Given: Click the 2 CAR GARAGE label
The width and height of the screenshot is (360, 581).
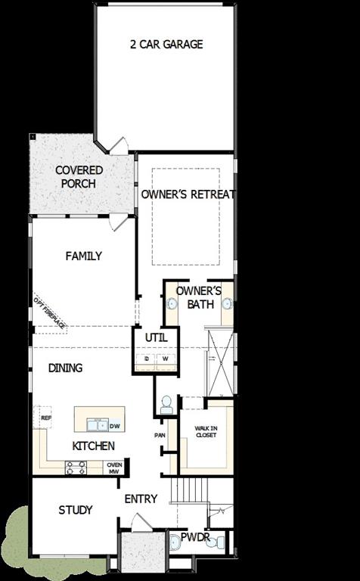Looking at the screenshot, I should (166, 45).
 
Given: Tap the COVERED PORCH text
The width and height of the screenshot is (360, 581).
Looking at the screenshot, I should (79, 176).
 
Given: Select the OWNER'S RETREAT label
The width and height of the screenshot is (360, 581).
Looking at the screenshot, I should (188, 194).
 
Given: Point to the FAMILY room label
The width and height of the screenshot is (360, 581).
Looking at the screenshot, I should (83, 256).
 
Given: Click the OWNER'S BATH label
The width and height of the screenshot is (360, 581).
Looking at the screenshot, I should (198, 297).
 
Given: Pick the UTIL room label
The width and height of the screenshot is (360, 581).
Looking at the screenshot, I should (156, 337).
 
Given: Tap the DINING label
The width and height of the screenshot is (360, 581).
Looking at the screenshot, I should (66, 368).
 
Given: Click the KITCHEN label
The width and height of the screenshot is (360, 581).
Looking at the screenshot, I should (94, 446).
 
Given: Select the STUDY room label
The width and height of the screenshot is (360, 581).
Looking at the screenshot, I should (76, 510).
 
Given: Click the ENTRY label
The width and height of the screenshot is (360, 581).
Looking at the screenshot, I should (141, 499).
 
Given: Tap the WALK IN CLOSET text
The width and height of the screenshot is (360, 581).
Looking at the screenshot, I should (206, 432).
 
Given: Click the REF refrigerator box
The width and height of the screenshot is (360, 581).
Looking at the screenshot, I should (45, 417).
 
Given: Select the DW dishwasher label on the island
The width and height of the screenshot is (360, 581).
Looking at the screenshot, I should (115, 426).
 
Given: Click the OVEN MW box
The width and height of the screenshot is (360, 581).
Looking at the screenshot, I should (114, 468).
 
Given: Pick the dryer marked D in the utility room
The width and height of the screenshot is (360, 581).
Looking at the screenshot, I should (147, 359).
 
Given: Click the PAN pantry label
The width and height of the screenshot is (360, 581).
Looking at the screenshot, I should (160, 435).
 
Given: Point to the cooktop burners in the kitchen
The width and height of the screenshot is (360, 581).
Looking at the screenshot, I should (76, 468).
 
